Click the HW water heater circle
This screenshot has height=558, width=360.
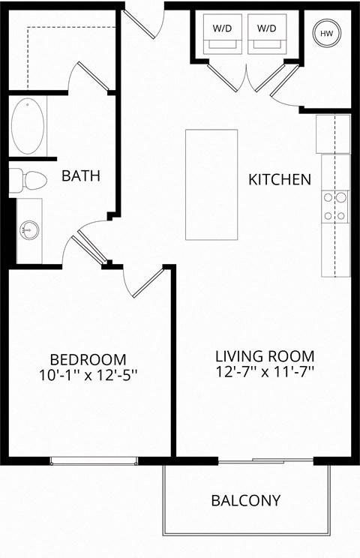pyautogui.click(x=327, y=33)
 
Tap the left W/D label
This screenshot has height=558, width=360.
pyautogui.click(x=222, y=28)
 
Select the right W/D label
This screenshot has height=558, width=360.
pyautogui.click(x=266, y=28)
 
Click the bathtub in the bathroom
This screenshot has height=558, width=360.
pyautogui.click(x=28, y=126)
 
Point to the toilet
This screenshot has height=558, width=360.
pyautogui.click(x=28, y=181)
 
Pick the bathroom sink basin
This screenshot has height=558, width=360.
pyautogui.click(x=29, y=229)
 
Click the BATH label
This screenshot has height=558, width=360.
pyautogui.click(x=81, y=176)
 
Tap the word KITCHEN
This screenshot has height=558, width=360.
pyautogui.click(x=279, y=180)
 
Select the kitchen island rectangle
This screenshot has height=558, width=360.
pyautogui.click(x=211, y=184)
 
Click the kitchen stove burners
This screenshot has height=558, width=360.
pyautogui.click(x=335, y=207)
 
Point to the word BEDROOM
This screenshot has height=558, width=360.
pyautogui.click(x=88, y=359)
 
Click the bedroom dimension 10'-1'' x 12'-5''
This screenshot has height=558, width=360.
pyautogui.click(x=88, y=374)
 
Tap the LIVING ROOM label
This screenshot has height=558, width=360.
pyautogui.click(x=265, y=355)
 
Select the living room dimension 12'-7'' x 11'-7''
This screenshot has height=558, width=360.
pyautogui.click(x=265, y=370)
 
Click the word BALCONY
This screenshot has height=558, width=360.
pyautogui.click(x=245, y=500)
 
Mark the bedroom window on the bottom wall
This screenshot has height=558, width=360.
pyautogui.click(x=94, y=460)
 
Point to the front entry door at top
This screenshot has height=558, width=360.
pyautogui.click(x=144, y=21)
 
